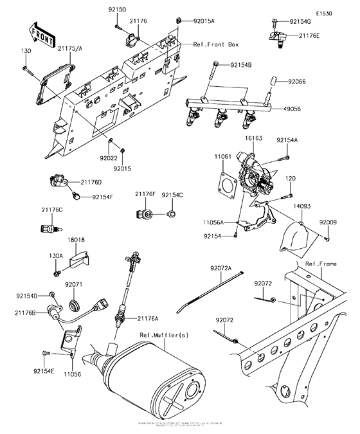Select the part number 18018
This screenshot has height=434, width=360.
click(69, 240)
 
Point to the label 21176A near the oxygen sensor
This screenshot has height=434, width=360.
click(148, 318)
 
